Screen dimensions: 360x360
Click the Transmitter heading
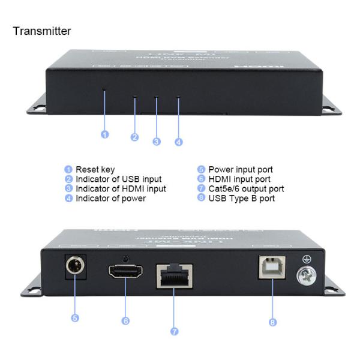click(42, 31)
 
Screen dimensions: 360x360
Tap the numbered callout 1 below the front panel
click(104, 134)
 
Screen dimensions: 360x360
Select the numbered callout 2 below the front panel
click(134, 137)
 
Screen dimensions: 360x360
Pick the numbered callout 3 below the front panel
click(156, 142)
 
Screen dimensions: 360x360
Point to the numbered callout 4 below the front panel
click(178, 142)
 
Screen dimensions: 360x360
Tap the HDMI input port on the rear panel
click(125, 272)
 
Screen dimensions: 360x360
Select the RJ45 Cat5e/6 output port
click(174, 275)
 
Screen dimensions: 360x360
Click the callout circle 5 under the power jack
click(75, 318)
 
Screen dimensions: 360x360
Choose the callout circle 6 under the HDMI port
click(125, 321)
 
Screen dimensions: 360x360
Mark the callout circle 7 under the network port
click(174, 331)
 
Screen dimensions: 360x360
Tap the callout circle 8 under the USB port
click(272, 322)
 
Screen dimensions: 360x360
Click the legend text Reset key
click(95, 170)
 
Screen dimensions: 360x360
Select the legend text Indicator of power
click(110, 199)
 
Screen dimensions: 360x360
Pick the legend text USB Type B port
click(241, 199)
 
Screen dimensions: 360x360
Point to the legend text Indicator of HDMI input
click(121, 189)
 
